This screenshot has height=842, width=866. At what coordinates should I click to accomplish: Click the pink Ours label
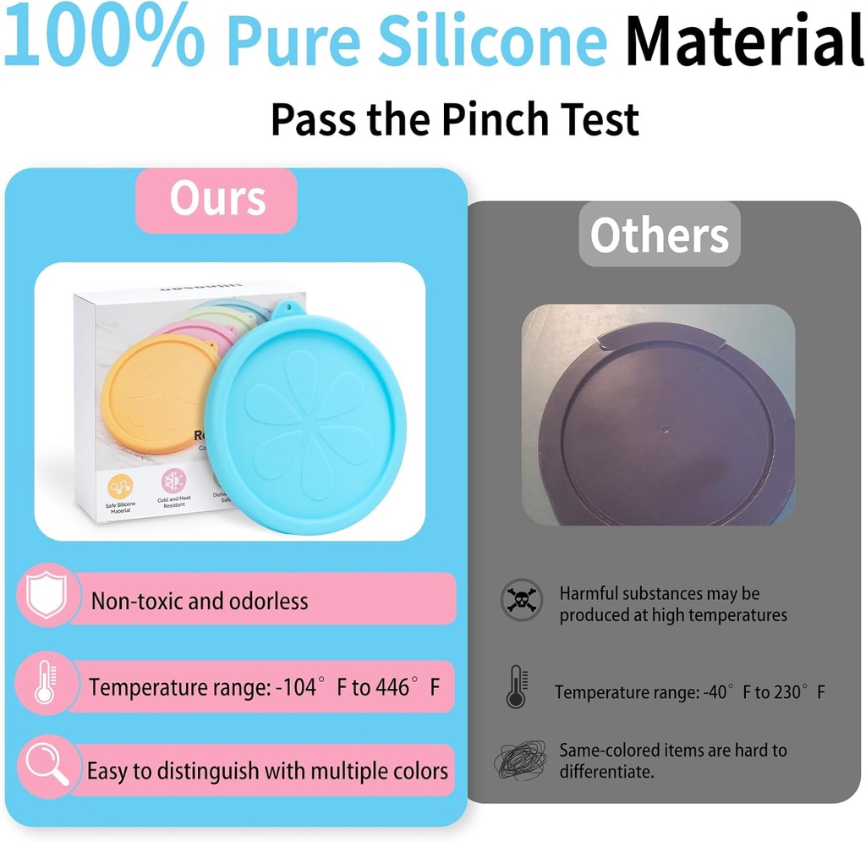[216, 201]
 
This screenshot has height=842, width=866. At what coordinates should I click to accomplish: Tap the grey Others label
[659, 234]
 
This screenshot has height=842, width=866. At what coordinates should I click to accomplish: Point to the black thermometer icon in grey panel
[516, 686]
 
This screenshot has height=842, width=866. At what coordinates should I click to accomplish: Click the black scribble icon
[520, 761]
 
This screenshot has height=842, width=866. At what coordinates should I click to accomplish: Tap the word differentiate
[605, 771]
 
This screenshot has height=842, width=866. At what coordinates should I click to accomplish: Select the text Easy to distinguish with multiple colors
[267, 771]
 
